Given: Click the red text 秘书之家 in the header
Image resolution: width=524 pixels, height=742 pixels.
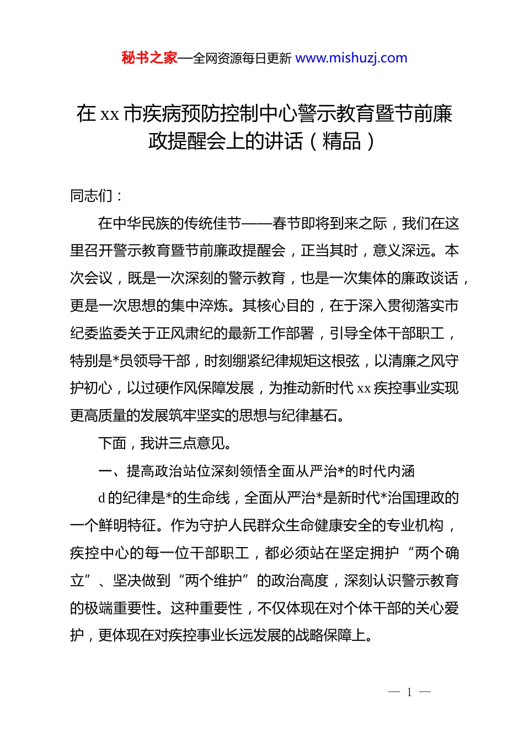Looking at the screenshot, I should pyautogui.click(x=149, y=58).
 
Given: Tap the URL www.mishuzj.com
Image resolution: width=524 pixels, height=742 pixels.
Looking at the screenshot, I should pyautogui.click(x=351, y=58).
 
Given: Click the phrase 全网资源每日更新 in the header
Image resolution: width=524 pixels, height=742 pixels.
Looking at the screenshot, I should pyautogui.click(x=242, y=59).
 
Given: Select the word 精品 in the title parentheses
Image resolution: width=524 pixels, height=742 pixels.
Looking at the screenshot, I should pyautogui.click(x=342, y=141).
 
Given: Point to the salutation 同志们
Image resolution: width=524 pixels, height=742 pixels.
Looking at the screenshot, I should pyautogui.click(x=92, y=195).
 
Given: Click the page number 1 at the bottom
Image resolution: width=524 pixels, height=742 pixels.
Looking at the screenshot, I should pyautogui.click(x=409, y=692).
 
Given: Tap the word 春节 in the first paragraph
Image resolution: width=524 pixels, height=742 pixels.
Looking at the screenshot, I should pyautogui.click(x=286, y=224).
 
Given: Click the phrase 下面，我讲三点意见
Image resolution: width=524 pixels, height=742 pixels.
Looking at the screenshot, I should pyautogui.click(x=164, y=443).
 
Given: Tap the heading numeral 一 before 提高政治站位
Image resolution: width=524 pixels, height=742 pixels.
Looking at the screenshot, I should pyautogui.click(x=105, y=471).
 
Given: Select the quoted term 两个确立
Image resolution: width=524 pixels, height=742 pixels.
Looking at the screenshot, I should pyautogui.click(x=436, y=553).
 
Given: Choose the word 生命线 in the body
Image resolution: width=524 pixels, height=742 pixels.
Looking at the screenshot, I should pyautogui.click(x=208, y=498).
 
